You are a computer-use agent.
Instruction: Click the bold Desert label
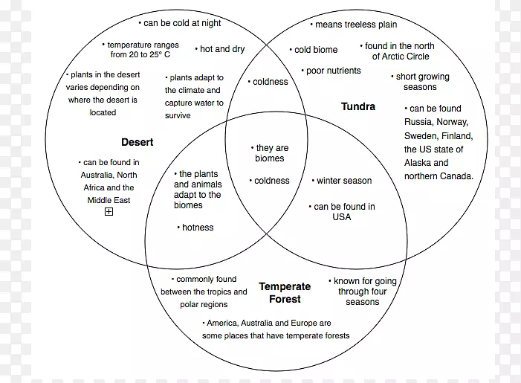coord(137,141)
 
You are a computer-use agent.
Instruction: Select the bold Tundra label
coord(358,106)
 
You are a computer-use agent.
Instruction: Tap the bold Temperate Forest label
coord(284,292)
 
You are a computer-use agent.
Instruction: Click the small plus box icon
coord(109,212)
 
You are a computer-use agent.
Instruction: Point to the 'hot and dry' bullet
coord(220,49)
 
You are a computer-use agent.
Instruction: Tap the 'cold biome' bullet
coord(314,50)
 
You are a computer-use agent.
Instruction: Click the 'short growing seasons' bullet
coord(421,82)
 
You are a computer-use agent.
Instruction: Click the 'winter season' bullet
coord(341,181)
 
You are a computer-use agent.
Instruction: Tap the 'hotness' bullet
coord(195,228)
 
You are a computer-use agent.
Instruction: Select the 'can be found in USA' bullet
coord(341,212)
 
